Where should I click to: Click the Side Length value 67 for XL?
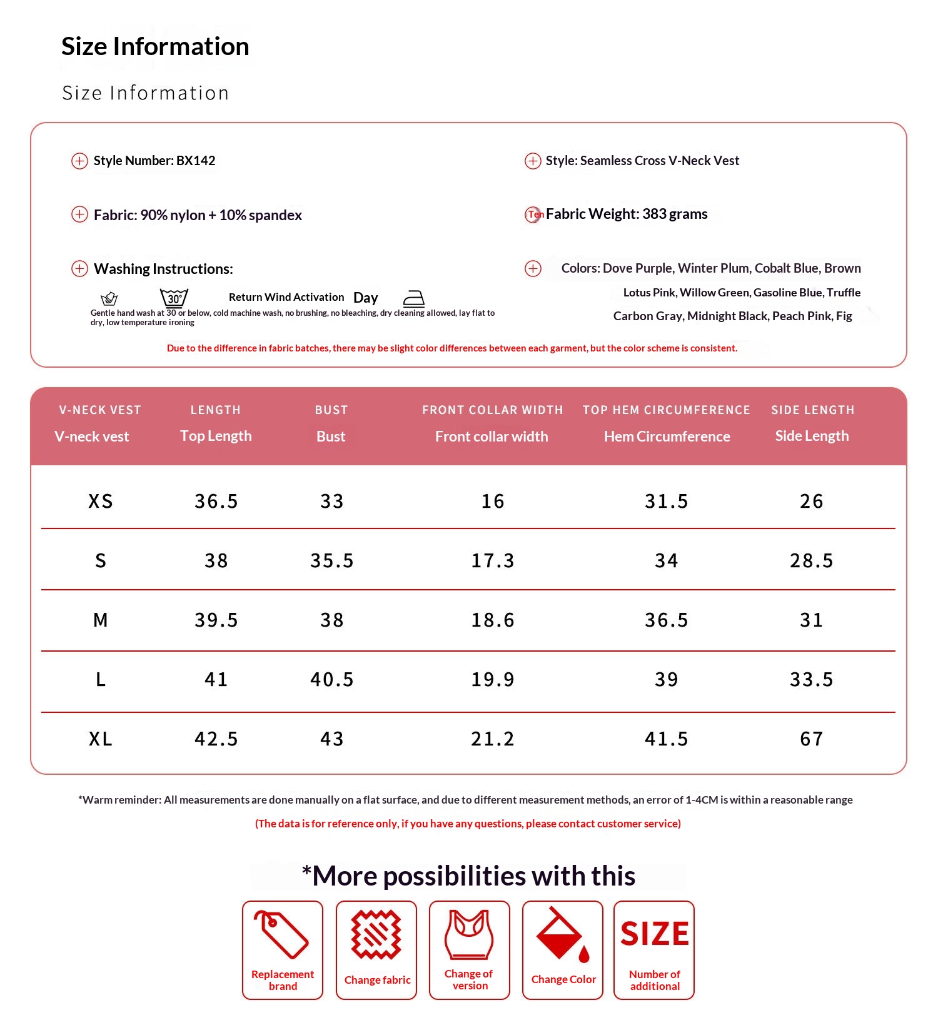click(x=811, y=739)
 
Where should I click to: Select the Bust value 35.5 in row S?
click(x=331, y=560)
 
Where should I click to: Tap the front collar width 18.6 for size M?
click(x=492, y=620)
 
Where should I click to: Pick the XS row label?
click(x=100, y=501)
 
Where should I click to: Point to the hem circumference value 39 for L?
click(x=666, y=679)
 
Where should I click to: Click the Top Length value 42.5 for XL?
click(x=216, y=739)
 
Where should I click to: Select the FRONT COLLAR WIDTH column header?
click(x=492, y=410)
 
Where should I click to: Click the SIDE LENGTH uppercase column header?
click(x=812, y=410)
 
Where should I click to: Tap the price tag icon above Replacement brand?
click(x=281, y=934)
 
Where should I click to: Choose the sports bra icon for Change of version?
click(x=469, y=934)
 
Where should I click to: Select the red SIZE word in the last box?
click(x=654, y=934)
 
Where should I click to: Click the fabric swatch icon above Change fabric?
click(x=376, y=934)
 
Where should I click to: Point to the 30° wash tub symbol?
click(x=174, y=298)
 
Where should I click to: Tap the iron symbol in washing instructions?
click(x=413, y=298)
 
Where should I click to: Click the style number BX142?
click(x=196, y=161)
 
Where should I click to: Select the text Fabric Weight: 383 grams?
click(x=626, y=214)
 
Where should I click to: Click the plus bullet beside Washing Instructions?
click(x=79, y=269)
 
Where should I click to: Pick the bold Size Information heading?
click(x=155, y=46)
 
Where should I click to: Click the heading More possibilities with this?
click(x=469, y=876)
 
